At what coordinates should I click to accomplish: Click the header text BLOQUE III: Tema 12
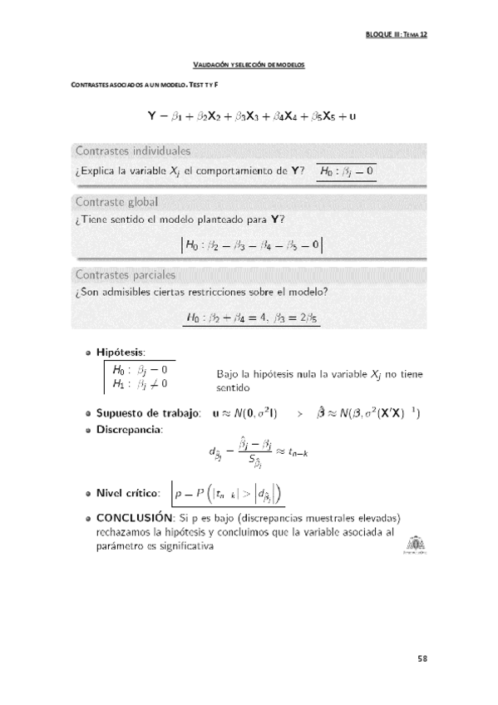click(396, 35)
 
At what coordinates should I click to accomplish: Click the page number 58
click(422, 658)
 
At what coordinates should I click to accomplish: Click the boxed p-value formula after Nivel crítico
click(228, 493)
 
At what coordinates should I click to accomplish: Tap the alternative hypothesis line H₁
click(140, 384)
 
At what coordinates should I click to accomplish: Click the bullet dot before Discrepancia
click(88, 429)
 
